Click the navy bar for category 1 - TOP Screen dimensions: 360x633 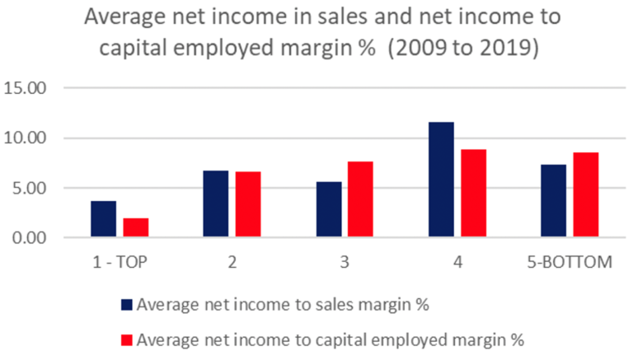click(x=103, y=219)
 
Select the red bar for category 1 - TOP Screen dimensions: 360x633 click(x=136, y=228)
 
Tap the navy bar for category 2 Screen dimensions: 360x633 click(x=216, y=204)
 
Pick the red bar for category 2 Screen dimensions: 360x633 click(x=248, y=205)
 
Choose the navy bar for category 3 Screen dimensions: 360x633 click(x=329, y=210)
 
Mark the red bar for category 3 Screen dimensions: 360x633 click(x=361, y=200)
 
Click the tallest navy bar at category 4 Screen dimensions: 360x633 click(x=441, y=180)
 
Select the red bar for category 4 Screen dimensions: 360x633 click(x=474, y=194)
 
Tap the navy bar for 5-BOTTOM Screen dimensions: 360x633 click(x=554, y=201)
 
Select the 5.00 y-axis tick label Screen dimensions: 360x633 click(x=29, y=188)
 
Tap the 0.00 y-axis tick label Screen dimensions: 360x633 click(x=29, y=238)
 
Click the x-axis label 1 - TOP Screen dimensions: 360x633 click(x=120, y=263)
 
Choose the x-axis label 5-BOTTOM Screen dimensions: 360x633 click(x=570, y=263)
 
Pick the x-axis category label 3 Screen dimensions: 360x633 click(x=345, y=263)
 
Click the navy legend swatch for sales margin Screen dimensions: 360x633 click(x=126, y=304)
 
